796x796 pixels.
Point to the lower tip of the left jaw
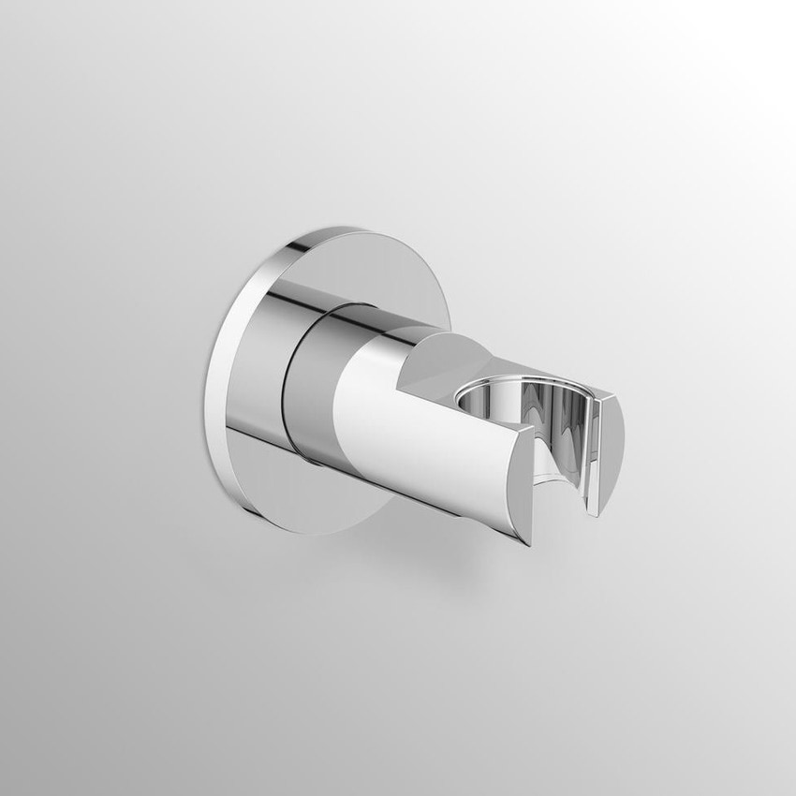click(x=531, y=543)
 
